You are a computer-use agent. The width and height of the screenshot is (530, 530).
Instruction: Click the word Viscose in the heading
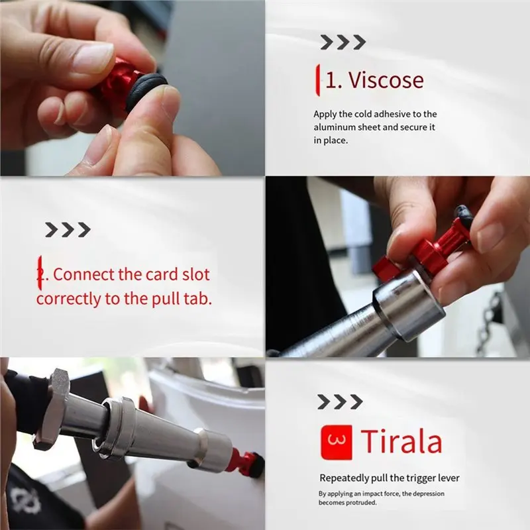tap(386, 80)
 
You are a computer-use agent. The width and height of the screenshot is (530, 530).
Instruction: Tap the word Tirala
tap(401, 441)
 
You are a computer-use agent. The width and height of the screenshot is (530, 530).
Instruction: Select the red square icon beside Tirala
tap(336, 442)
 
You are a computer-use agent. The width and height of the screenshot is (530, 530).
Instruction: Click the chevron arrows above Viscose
tap(343, 42)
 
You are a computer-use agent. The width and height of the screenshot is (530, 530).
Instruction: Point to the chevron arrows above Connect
tap(68, 230)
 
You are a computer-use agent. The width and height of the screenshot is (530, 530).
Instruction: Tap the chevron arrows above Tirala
tap(340, 402)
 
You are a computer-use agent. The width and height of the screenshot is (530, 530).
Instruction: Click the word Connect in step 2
tap(84, 274)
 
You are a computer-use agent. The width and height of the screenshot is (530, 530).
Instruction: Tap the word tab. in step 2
tap(197, 299)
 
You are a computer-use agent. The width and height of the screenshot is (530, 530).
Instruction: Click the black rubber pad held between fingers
tap(146, 91)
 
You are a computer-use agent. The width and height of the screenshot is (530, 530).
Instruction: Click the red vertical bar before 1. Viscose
tap(317, 80)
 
